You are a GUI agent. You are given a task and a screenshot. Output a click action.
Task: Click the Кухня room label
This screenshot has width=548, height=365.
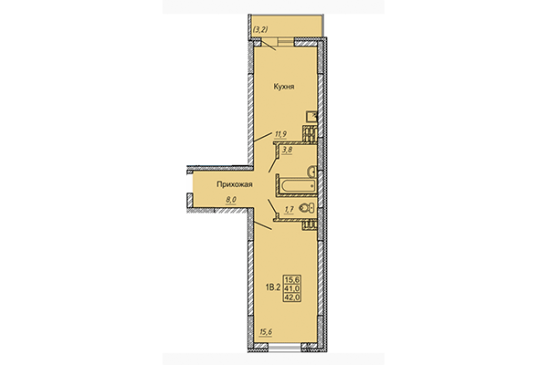282,88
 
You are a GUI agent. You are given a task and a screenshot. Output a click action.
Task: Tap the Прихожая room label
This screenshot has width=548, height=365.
234,184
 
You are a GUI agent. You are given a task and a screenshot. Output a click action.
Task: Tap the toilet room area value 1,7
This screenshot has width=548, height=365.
289,210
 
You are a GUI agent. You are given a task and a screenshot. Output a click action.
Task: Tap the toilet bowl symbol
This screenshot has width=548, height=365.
307,210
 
